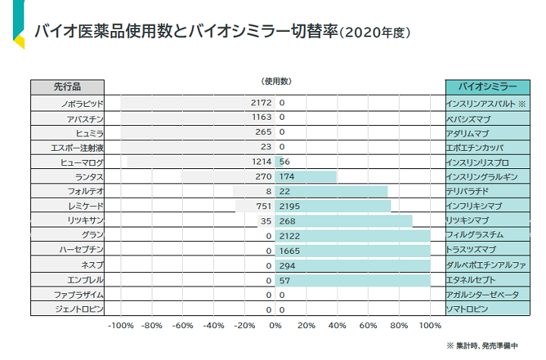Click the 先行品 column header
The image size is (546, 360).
(67, 86)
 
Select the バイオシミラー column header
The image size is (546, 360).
(485, 86)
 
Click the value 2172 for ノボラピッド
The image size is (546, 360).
(261, 102)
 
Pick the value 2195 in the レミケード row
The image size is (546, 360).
(291, 206)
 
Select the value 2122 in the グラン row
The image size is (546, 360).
(291, 236)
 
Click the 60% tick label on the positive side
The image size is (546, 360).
(368, 326)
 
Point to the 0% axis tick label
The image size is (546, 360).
(275, 326)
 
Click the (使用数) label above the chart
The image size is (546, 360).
(275, 81)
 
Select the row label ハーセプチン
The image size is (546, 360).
(81, 250)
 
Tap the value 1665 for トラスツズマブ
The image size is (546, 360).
(291, 250)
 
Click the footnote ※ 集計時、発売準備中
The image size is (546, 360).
(482, 346)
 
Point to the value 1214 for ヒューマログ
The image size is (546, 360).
(261, 162)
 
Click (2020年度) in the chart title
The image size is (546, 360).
(375, 33)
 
